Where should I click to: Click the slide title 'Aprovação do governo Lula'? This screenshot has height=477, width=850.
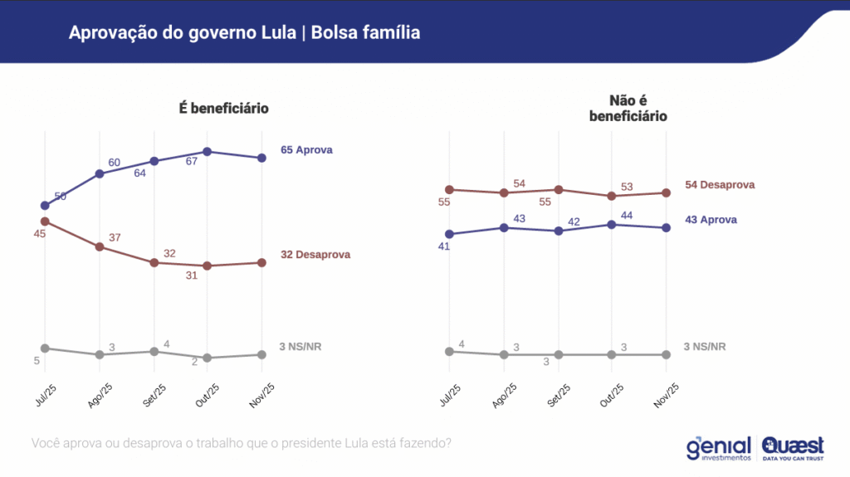pyautogui.click(x=244, y=33)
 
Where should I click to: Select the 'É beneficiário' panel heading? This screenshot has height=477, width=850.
pyautogui.click(x=223, y=109)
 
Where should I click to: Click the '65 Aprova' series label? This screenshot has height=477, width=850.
pyautogui.click(x=306, y=150)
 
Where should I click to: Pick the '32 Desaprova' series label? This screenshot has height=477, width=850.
pyautogui.click(x=315, y=255)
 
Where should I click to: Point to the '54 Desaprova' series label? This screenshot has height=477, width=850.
pyautogui.click(x=720, y=185)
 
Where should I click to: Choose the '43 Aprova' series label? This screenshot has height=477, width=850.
pyautogui.click(x=711, y=220)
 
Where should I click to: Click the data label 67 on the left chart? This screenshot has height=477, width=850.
pyautogui.click(x=191, y=161)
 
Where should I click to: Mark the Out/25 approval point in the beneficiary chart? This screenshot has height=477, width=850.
pyautogui.click(x=208, y=152)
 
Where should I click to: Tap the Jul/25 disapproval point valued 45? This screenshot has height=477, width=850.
pyautogui.click(x=45, y=221)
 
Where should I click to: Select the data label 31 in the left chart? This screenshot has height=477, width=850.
pyautogui.click(x=191, y=275)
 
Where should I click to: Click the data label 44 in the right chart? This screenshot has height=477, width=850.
pyautogui.click(x=628, y=215)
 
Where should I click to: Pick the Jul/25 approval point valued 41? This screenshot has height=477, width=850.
pyautogui.click(x=449, y=234)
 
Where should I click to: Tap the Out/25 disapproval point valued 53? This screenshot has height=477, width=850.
pyautogui.click(x=612, y=197)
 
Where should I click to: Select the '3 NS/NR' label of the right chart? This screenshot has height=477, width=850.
pyautogui.click(x=705, y=347)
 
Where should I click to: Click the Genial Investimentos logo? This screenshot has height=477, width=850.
pyautogui.click(x=718, y=448)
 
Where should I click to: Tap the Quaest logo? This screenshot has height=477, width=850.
pyautogui.click(x=793, y=448)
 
